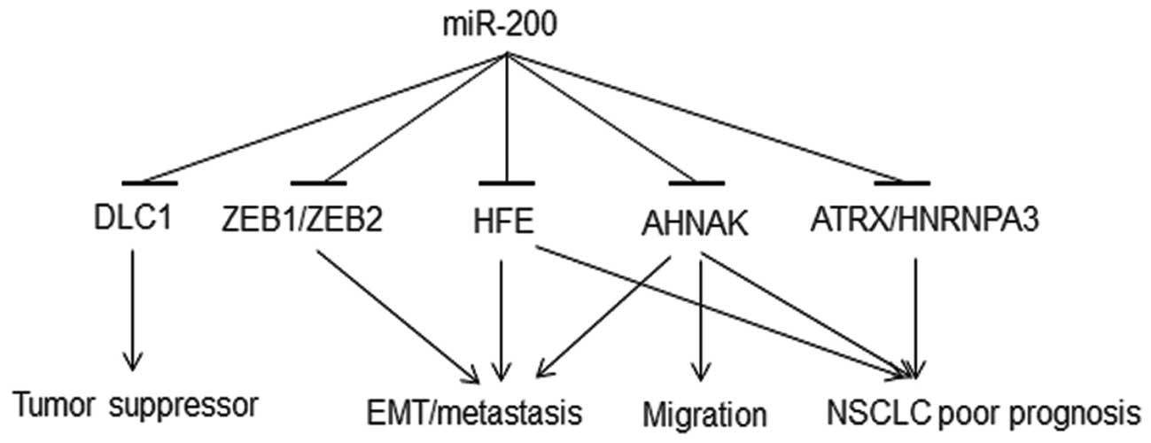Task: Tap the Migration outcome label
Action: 704,413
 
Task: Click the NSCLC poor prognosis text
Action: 982,413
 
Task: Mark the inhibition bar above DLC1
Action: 152,183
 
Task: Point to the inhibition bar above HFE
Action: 506,183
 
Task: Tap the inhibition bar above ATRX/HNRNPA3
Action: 902,183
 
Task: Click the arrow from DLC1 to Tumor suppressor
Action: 133,310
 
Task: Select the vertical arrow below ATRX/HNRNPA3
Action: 916,310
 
